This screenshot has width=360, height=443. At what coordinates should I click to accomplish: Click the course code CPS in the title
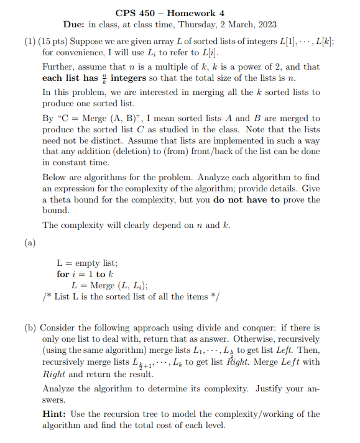click(126, 12)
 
